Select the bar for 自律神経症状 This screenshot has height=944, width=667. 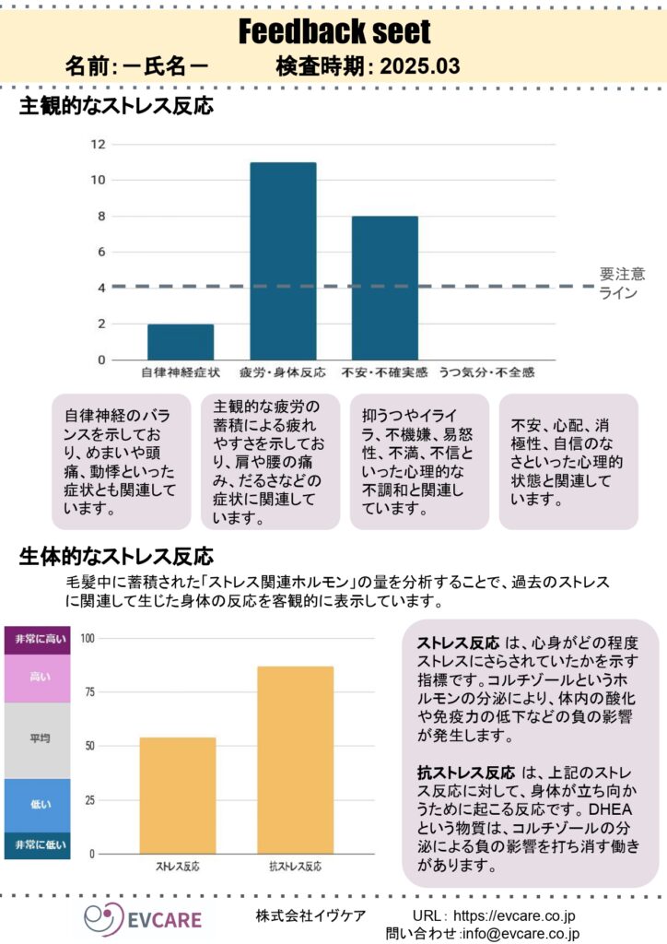coord(181,342)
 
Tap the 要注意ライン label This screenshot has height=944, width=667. coord(622,283)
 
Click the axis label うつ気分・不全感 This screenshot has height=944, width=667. coord(486,372)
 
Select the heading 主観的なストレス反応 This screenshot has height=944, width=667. coord(116,107)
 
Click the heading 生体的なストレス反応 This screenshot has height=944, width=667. coord(116,557)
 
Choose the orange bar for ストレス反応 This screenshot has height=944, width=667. coord(178,795)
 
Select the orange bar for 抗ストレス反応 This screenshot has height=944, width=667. coord(295,760)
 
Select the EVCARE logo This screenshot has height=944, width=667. coord(143,917)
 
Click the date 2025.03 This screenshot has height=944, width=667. coord(419,67)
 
